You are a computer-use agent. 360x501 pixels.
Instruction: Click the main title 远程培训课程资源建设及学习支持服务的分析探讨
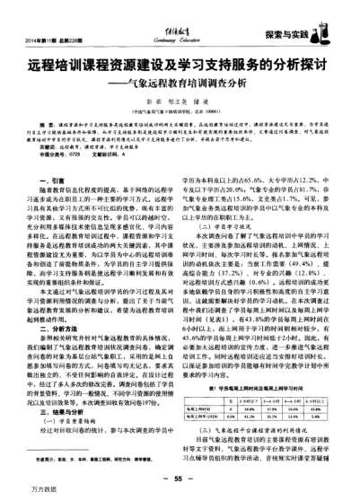(x=180, y=66)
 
